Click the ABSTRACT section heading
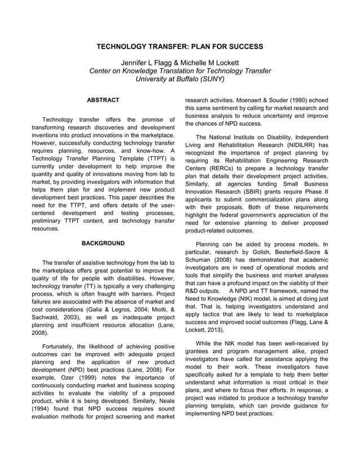click(x=103, y=100)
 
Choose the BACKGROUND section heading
click(x=103, y=243)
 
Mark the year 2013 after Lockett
click(x=209, y=329)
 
